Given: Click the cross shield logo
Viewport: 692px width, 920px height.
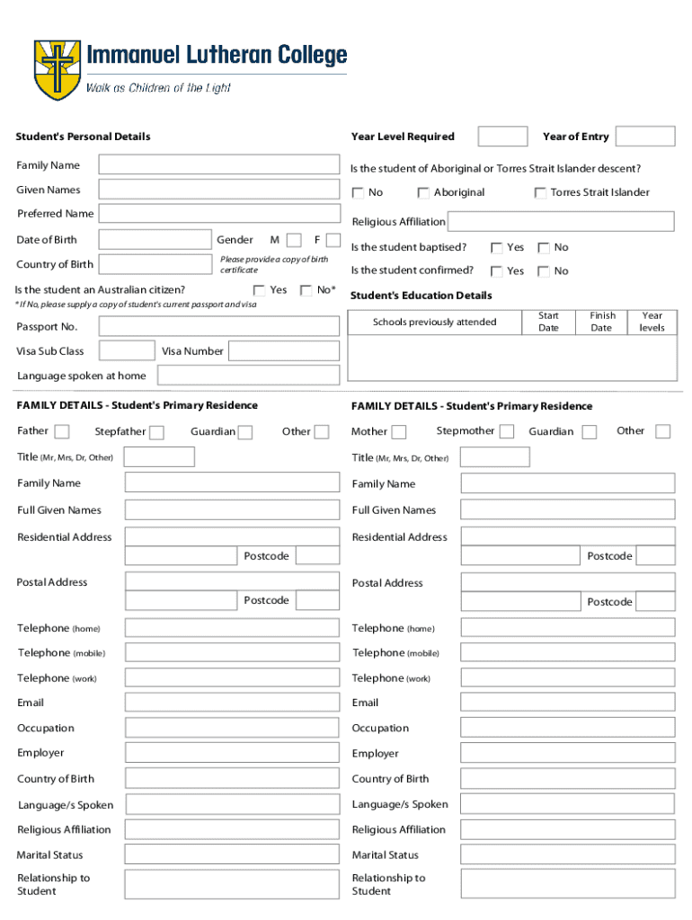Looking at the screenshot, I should click(57, 69).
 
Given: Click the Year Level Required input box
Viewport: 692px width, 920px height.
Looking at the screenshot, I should click(502, 137).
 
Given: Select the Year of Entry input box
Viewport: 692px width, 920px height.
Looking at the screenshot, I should click(644, 137).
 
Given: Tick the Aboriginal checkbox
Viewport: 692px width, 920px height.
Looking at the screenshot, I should click(422, 192).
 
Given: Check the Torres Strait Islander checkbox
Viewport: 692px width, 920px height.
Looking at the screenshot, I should click(540, 192).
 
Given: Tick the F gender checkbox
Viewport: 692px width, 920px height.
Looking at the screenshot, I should click(333, 240).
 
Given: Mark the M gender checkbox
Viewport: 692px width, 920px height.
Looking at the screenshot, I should click(293, 240).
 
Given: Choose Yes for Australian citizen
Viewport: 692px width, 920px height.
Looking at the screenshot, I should click(259, 290).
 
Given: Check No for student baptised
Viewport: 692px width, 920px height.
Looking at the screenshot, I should click(543, 248).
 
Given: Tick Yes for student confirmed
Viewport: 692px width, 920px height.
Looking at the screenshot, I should click(496, 271).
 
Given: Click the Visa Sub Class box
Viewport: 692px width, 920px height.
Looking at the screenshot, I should click(126, 350).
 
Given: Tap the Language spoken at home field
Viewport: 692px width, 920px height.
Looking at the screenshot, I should click(248, 376).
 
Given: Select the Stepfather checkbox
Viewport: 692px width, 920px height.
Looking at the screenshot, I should click(156, 432).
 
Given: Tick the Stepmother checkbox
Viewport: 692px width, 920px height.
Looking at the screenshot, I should click(507, 431).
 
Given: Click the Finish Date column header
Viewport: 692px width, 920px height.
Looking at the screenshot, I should click(602, 322).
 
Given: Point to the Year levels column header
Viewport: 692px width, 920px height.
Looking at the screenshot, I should click(652, 322).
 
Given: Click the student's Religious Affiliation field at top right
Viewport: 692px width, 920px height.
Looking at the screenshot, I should click(560, 222).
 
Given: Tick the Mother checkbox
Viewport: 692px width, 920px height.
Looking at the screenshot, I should click(399, 432).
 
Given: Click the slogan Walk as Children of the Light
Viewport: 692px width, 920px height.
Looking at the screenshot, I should click(158, 88).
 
